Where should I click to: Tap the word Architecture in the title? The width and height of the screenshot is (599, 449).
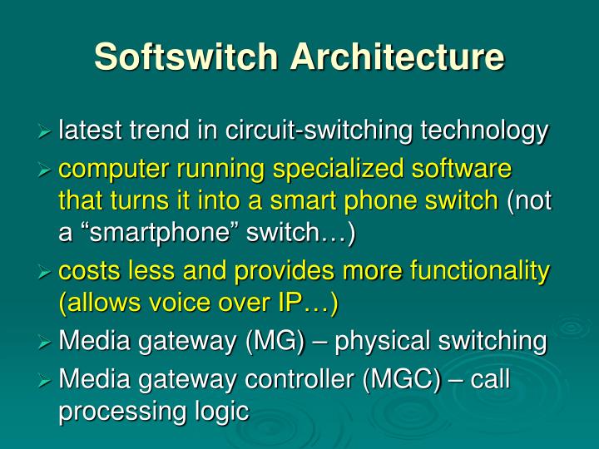point(397,57)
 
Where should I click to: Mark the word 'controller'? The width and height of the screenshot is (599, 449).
point(292,380)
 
